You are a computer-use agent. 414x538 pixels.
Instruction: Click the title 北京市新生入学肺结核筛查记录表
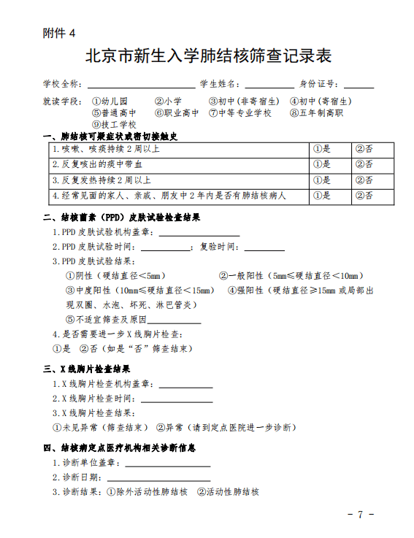(207, 56)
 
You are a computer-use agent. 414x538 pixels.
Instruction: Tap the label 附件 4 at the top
(59, 34)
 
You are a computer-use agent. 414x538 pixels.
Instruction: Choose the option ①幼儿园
(110, 101)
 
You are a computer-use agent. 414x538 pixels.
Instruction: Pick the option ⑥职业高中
(177, 113)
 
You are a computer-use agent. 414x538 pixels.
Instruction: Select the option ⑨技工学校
(114, 125)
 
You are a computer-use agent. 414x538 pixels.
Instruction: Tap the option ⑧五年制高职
(317, 113)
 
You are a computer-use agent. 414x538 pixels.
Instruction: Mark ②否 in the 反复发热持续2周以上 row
(364, 180)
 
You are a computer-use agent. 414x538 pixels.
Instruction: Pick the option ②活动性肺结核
(229, 492)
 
